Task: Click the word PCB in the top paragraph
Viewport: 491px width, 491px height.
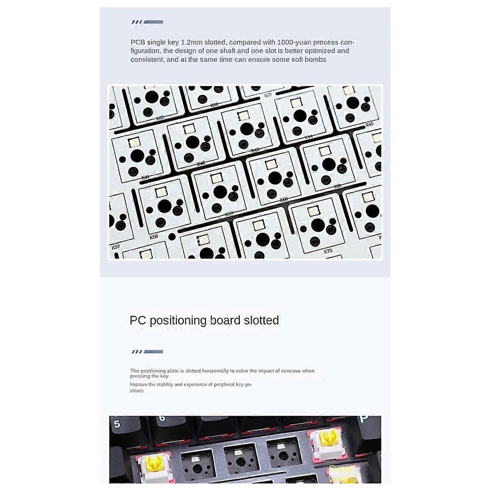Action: click(138, 42)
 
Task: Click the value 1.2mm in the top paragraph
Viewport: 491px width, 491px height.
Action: click(190, 42)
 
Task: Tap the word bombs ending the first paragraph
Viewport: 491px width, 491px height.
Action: click(316, 60)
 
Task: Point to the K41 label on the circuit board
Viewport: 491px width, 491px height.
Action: click(145, 177)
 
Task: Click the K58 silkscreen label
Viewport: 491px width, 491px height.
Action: click(154, 236)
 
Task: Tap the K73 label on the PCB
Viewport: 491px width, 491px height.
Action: click(328, 251)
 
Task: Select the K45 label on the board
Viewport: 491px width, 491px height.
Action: click(369, 124)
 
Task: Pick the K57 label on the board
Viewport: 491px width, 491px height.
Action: click(116, 247)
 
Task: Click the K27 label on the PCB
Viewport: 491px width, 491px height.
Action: click(268, 95)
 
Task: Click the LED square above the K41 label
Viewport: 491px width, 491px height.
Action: click(133, 142)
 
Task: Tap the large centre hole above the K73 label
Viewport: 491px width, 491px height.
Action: click(318, 224)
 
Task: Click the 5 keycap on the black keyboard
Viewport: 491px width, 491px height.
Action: click(117, 424)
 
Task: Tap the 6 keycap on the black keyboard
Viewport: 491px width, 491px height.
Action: click(162, 418)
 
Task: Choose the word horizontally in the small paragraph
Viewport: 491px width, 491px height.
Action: click(215, 371)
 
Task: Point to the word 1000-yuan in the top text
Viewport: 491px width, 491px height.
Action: click(292, 42)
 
